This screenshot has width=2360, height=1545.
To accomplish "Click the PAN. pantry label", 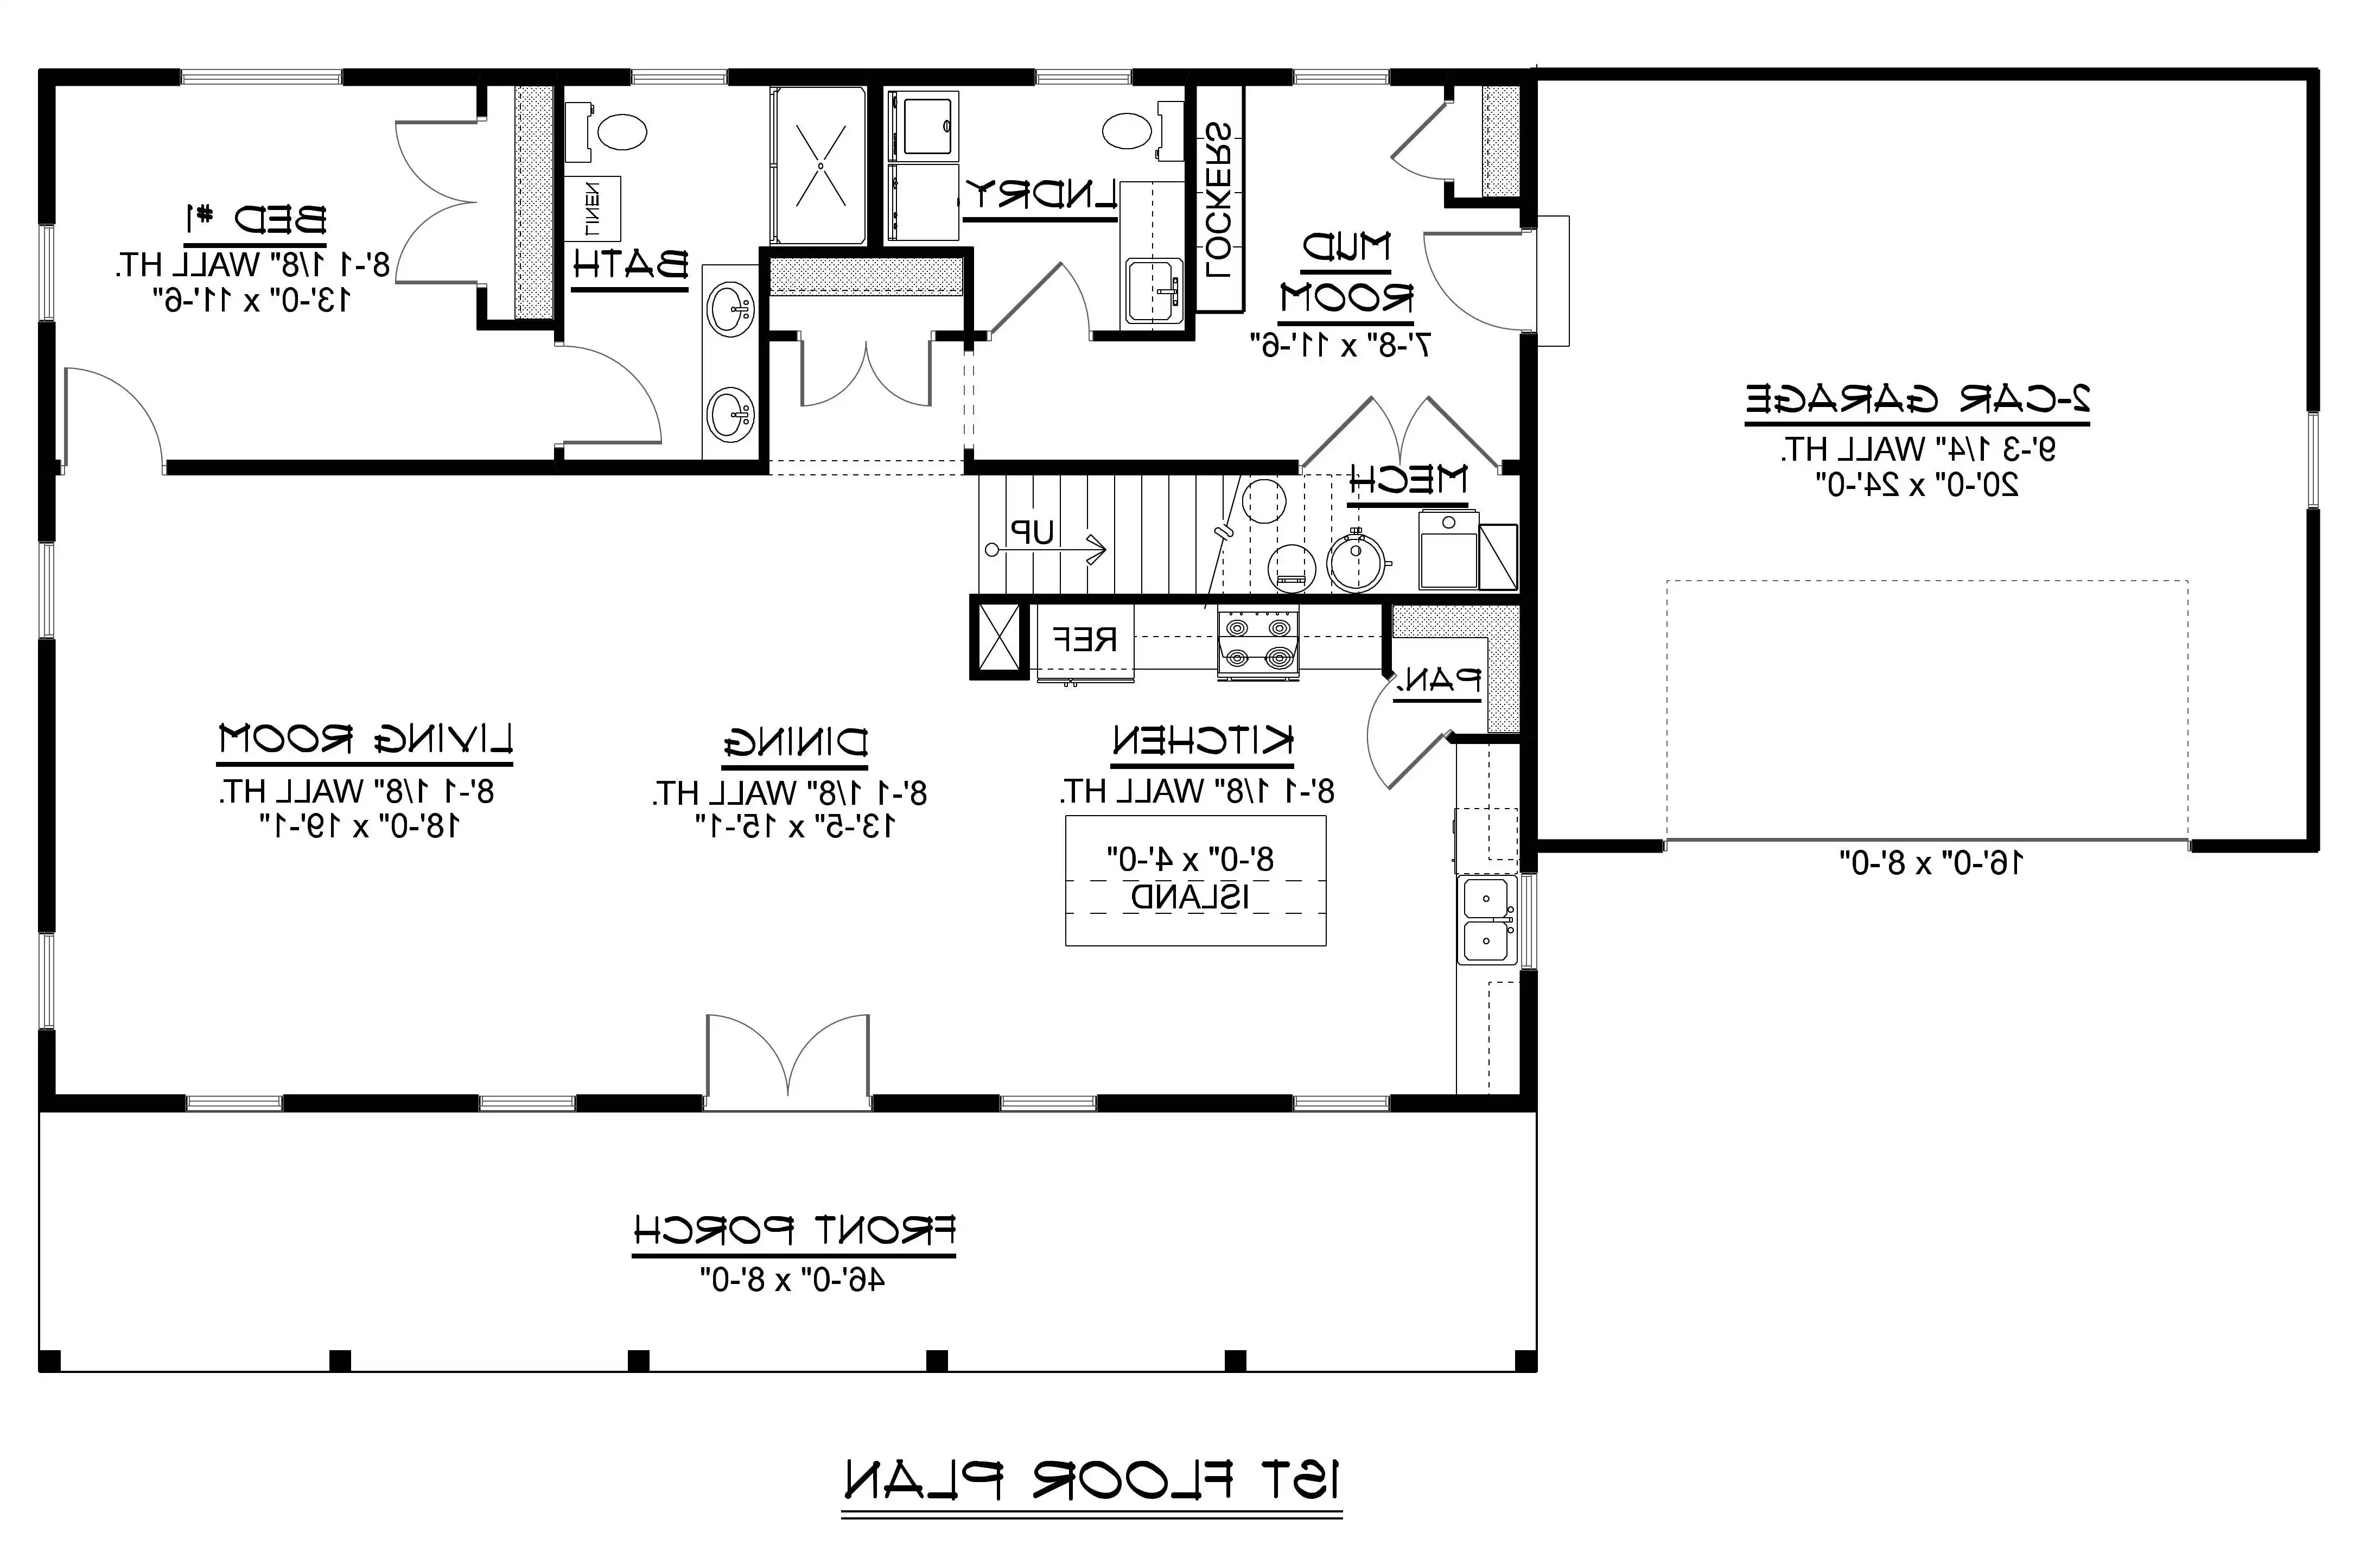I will coord(1438,681).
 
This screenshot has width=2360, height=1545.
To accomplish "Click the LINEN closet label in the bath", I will coord(592,208).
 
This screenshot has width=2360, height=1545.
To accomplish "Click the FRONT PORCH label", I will coord(793,1231).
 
